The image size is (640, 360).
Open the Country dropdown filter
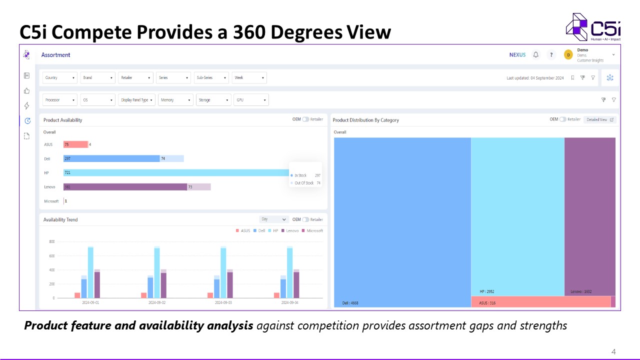coord(60,77)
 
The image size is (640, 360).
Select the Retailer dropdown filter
coord(135,77)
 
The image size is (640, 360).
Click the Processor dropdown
coord(60,100)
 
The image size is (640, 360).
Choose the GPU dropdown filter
coord(251,100)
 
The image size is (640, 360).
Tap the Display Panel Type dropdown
coord(136,100)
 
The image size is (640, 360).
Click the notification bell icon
coord(536,54)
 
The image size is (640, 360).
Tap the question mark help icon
coord(551,55)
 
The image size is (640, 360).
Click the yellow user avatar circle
coord(568,55)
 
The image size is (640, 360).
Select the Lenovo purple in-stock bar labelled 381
coord(125,187)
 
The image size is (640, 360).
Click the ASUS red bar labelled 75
coord(75,144)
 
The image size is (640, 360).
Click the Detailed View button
coord(599,119)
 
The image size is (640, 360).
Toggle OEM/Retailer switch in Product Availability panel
coord(305,119)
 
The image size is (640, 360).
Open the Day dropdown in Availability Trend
coord(274,219)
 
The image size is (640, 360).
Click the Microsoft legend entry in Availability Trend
coord(312,230)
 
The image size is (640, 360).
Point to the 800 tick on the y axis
coord(51,241)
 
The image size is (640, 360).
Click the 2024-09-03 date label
coord(223,302)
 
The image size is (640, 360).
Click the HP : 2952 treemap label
coord(486,291)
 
